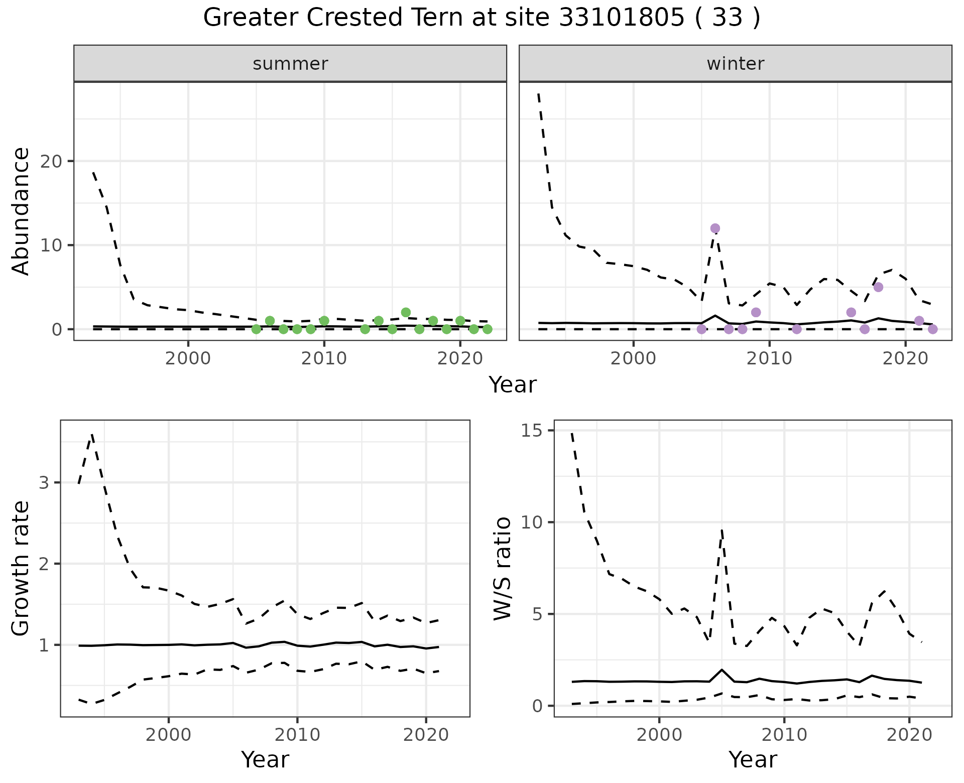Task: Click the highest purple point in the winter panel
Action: pos(715,228)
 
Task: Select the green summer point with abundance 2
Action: pos(406,312)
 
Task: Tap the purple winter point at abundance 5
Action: pos(878,287)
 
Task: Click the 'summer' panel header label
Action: pos(290,64)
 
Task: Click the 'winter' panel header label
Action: pos(736,64)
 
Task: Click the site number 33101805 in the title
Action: pos(622,18)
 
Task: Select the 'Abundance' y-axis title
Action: pos(21,211)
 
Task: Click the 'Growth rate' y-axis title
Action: pos(21,568)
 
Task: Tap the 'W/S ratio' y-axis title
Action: pos(503,568)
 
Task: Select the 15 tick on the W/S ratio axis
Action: pos(536,431)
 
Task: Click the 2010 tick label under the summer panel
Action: pos(324,358)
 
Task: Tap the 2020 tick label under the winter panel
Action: pos(905,358)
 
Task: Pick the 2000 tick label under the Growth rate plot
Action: pos(169,735)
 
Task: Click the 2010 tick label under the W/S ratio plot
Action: pos(784,735)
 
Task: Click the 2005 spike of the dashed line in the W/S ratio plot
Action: pos(721,530)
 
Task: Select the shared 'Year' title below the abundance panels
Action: pos(513,385)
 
